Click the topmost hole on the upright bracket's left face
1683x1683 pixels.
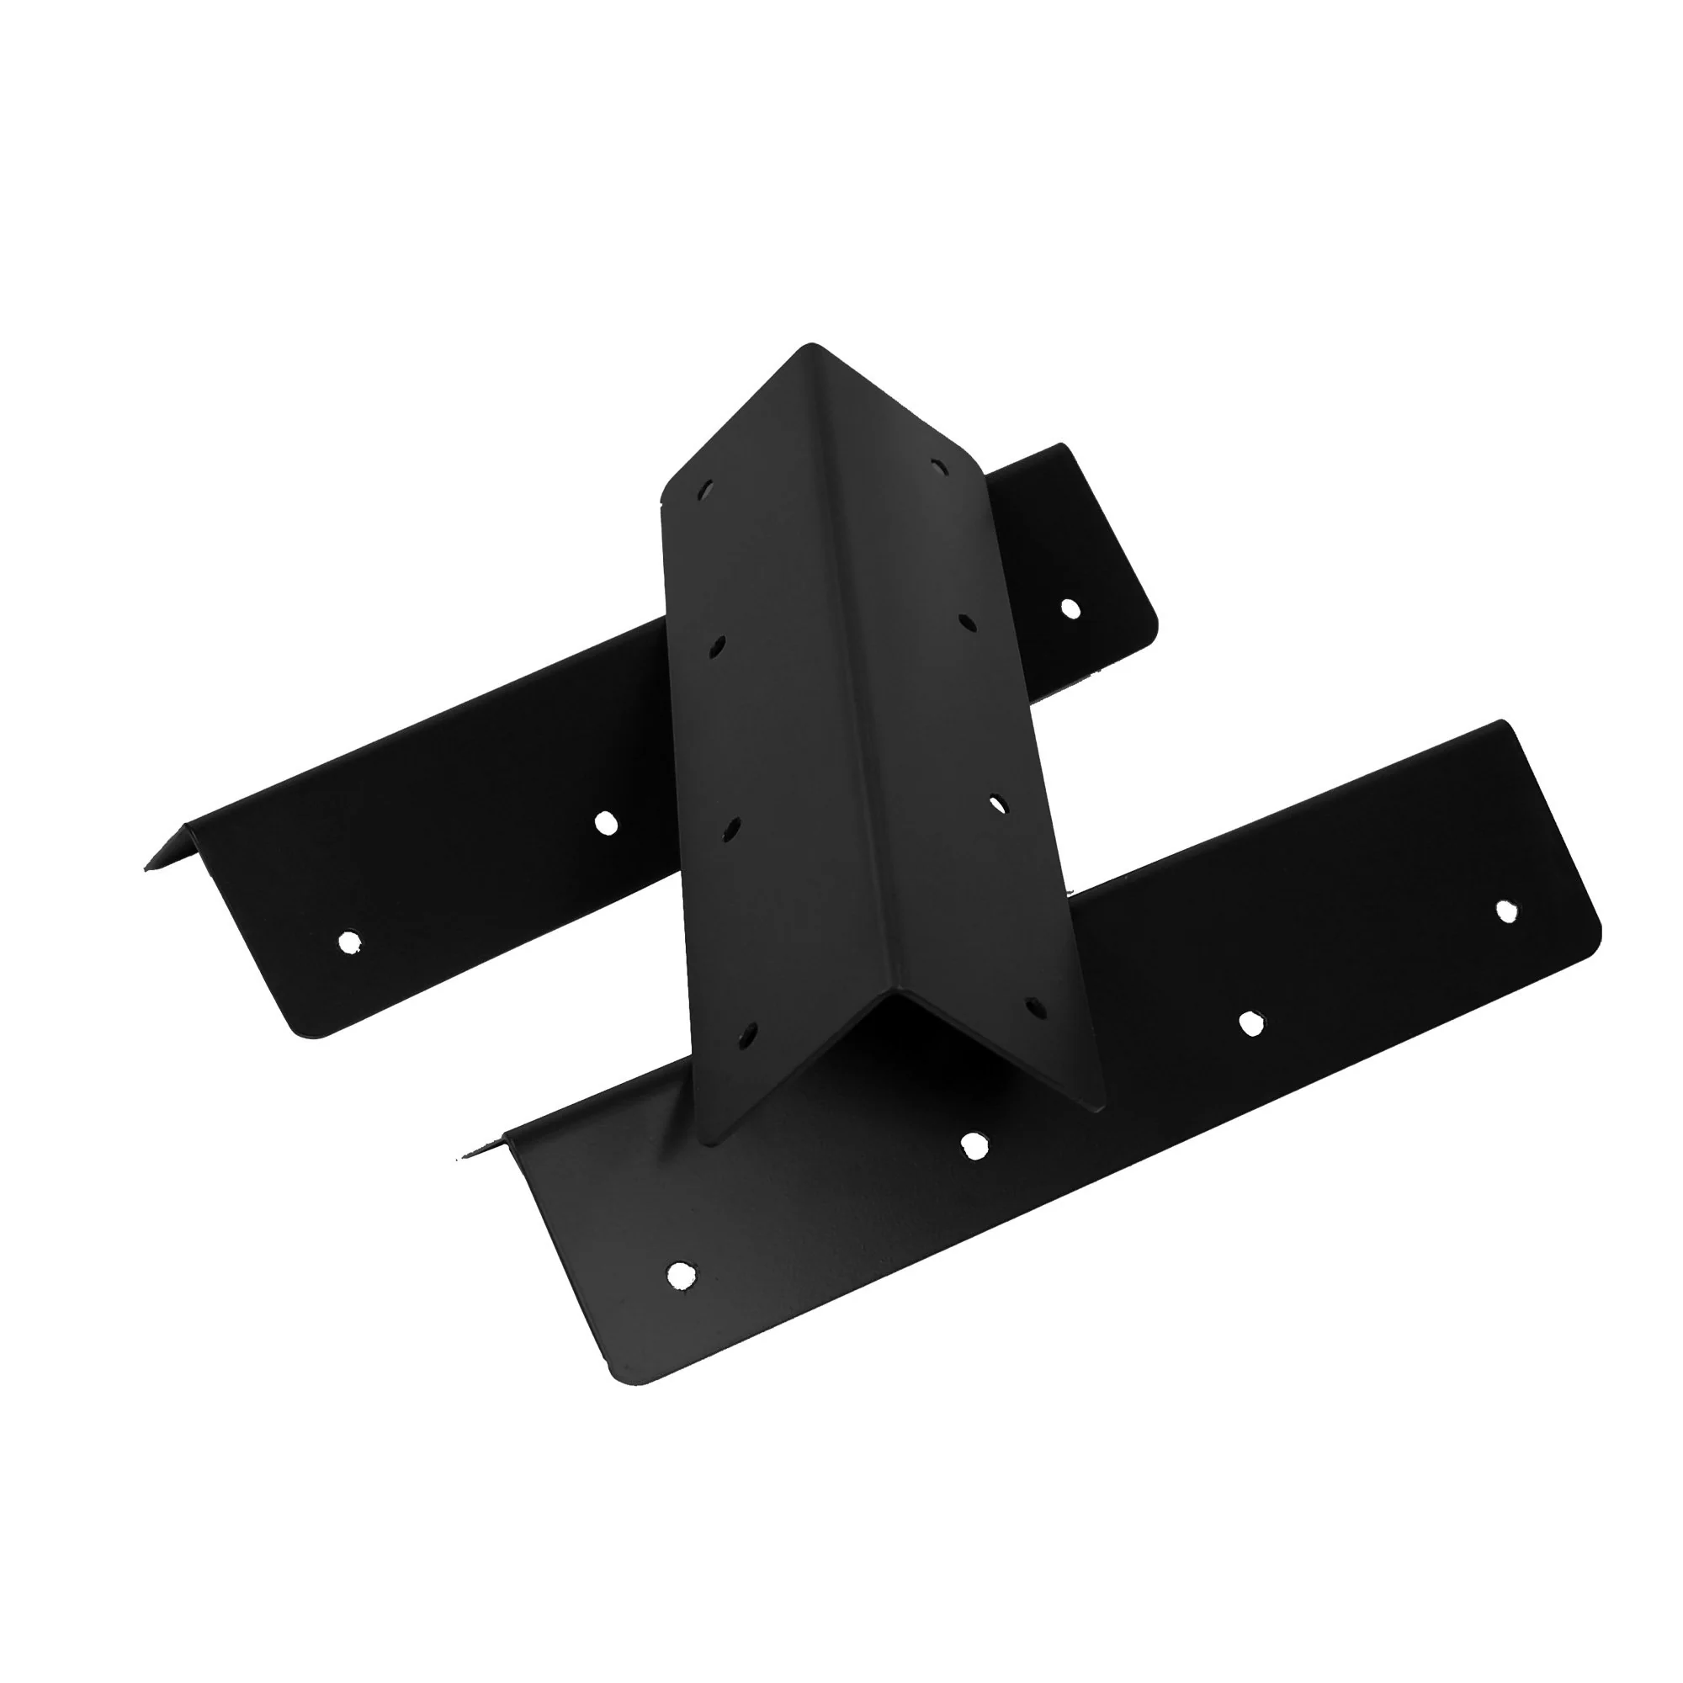[x=707, y=490]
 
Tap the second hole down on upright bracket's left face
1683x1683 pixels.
[x=717, y=646]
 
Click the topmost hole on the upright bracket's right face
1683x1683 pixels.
[x=937, y=467]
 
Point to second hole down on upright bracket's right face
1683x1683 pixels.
[x=967, y=622]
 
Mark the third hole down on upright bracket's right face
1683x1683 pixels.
[x=998, y=802]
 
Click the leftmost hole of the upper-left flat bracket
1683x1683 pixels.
[x=348, y=942]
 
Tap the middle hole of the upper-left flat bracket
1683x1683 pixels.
[x=605, y=822]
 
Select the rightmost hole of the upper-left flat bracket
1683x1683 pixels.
[x=1070, y=608]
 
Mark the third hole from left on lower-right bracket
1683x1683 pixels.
[x=1252, y=1023]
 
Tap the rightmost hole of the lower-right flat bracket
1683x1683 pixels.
[x=1506, y=911]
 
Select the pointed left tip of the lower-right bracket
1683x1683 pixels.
[x=459, y=1159]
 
